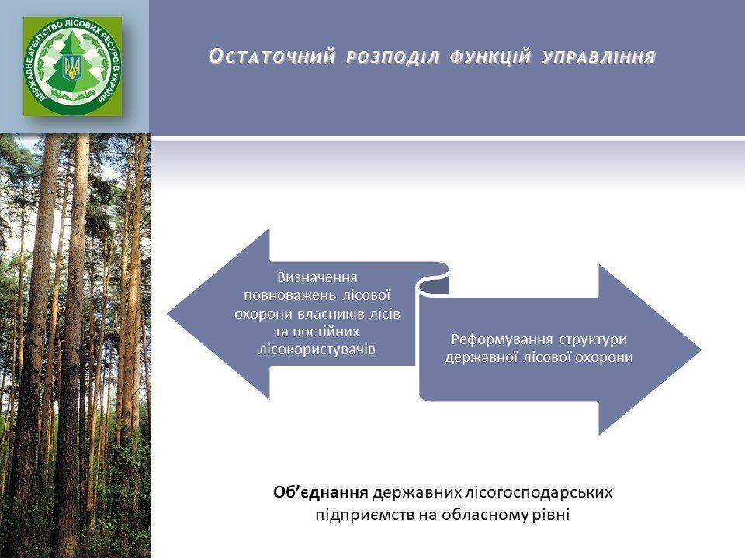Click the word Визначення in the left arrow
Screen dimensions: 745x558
tap(317, 277)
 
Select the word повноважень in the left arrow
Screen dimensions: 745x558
tap(289, 295)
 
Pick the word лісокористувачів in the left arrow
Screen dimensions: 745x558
tap(317, 350)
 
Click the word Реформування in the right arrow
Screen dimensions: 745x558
tap(502, 339)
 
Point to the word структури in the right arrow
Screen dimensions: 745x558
tap(593, 339)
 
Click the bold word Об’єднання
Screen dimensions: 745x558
tap(321, 493)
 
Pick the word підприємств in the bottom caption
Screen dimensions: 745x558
tap(366, 515)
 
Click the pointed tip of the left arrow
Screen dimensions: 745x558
tap(168, 313)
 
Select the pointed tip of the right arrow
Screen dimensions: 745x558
tap(702, 350)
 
